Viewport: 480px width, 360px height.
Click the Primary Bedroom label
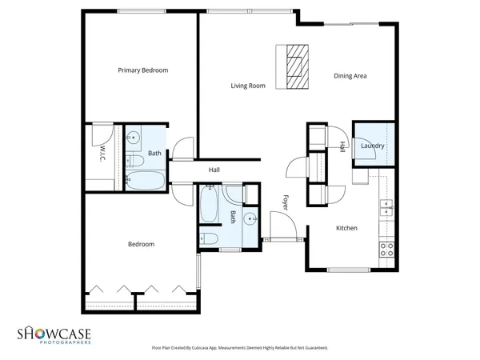(143, 70)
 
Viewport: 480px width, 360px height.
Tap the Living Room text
(248, 86)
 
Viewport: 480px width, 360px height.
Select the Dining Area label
(350, 76)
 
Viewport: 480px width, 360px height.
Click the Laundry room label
(373, 146)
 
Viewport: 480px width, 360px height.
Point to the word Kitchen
(346, 228)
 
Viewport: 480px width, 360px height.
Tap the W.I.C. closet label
(103, 152)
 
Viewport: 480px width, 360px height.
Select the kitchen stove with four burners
(386, 248)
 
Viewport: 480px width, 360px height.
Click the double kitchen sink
(386, 207)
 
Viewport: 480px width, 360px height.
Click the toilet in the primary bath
(135, 160)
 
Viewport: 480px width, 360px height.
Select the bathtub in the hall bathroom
(210, 204)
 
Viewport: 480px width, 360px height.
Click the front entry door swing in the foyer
(280, 224)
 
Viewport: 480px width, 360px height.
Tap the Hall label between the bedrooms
(214, 170)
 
